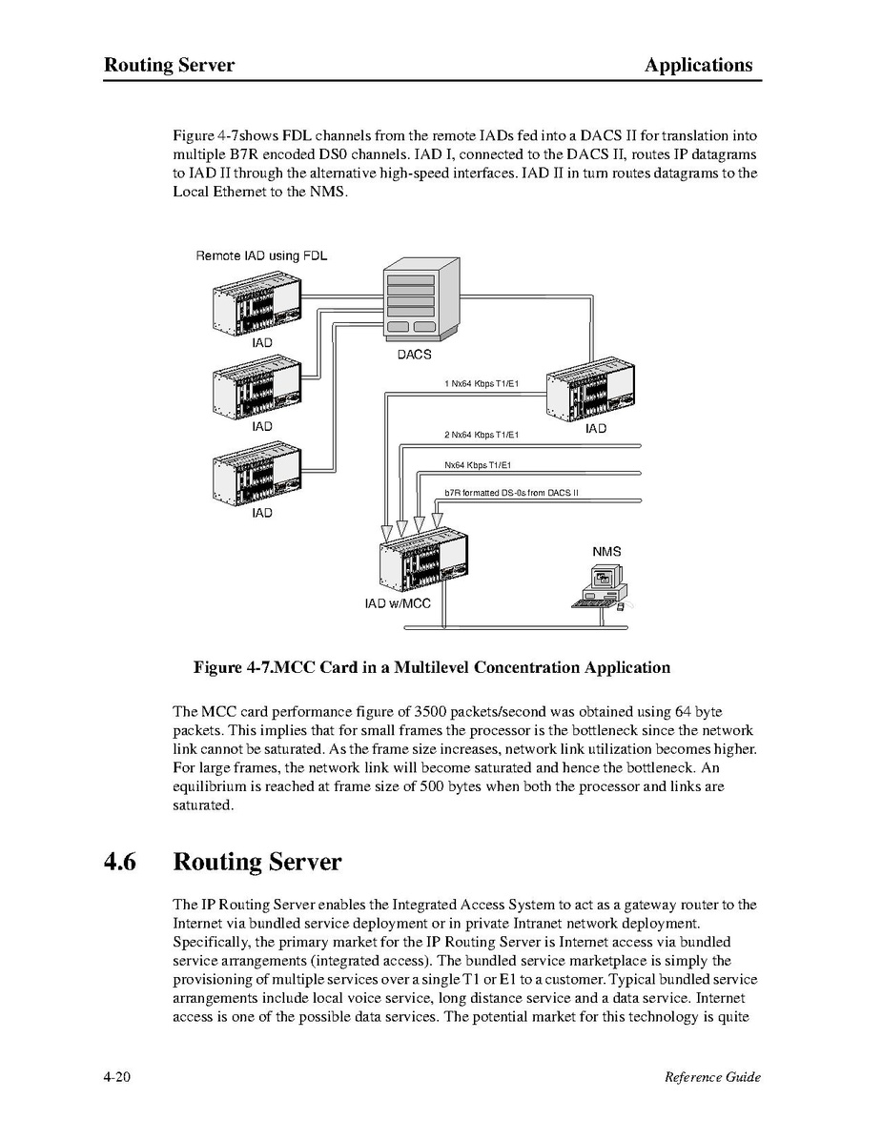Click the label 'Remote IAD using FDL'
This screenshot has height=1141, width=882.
(260, 255)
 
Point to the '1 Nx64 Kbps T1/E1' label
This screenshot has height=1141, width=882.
(481, 384)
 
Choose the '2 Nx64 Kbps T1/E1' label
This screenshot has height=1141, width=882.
(481, 436)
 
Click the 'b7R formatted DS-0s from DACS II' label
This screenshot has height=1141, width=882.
(511, 493)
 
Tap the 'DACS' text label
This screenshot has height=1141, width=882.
(414, 355)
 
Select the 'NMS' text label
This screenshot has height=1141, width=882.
(606, 552)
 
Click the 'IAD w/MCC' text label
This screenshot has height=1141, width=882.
(398, 603)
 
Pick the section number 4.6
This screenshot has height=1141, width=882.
(121, 862)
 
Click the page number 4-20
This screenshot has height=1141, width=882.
(117, 1077)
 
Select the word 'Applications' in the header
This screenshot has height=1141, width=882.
(698, 66)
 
